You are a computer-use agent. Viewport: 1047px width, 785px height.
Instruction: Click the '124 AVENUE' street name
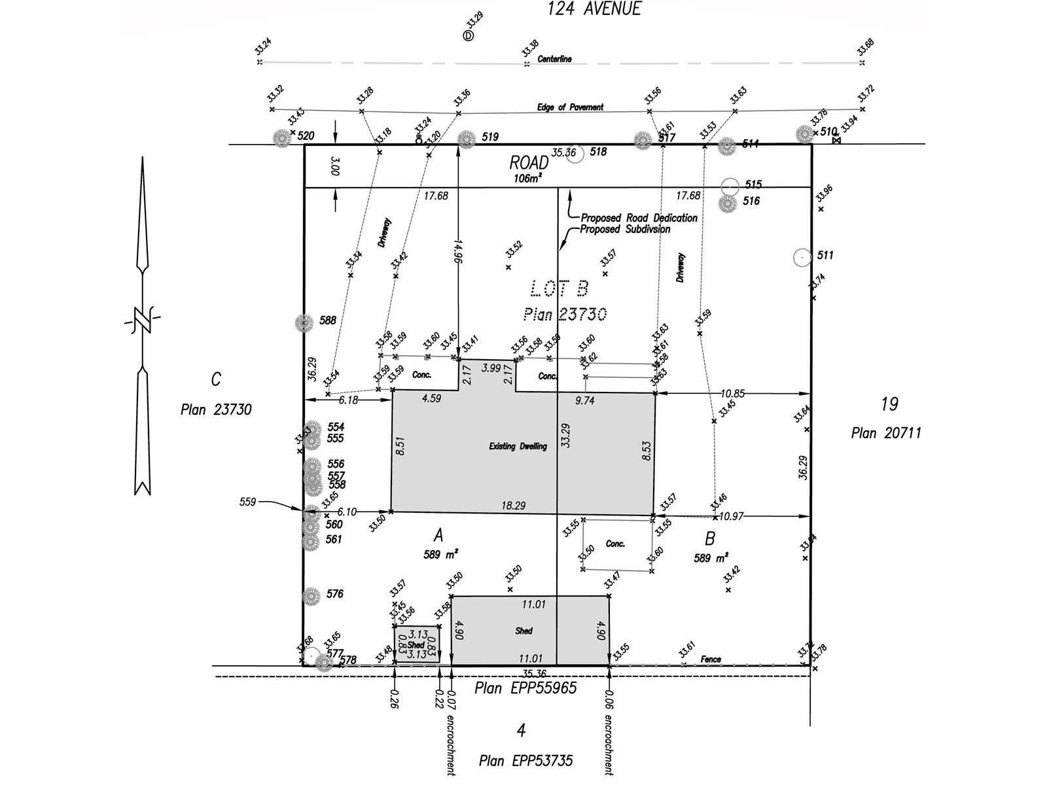(594, 9)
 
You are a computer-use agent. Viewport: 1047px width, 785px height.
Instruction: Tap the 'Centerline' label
(554, 59)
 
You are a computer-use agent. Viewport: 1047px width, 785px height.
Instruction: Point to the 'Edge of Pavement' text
(570, 107)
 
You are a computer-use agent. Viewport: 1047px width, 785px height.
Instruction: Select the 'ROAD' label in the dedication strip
(529, 163)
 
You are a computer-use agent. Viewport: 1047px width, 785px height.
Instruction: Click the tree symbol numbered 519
(466, 139)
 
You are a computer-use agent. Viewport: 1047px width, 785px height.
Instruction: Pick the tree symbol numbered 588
(304, 323)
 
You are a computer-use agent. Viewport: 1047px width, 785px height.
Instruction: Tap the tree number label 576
(334, 594)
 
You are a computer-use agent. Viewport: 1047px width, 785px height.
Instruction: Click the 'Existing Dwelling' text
(518, 447)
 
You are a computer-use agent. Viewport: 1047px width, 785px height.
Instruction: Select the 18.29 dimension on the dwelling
(513, 506)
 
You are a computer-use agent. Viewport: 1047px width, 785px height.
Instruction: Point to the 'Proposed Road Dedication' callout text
(639, 218)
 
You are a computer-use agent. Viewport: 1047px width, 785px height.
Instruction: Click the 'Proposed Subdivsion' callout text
(625, 230)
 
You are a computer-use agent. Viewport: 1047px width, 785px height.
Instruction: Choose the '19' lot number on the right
(889, 404)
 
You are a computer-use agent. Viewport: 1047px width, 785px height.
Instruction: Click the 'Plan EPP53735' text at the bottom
(525, 761)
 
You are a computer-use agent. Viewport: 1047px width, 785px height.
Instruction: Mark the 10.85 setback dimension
(732, 394)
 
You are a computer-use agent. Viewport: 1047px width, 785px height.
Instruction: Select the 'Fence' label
(711, 659)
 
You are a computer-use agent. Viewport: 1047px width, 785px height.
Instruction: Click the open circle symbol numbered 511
(802, 257)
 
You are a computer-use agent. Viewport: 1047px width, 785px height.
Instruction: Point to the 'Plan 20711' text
(886, 433)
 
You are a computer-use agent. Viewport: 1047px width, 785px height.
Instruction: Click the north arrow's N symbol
(142, 321)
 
